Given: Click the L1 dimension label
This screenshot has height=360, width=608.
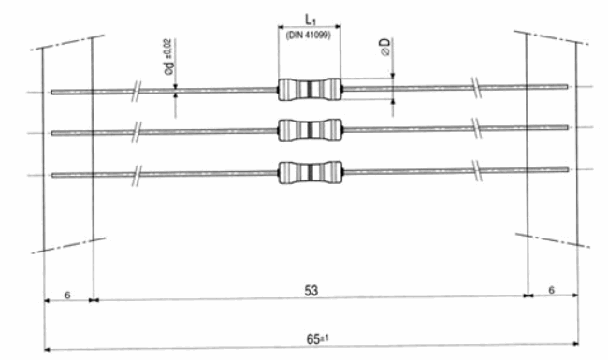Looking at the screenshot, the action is point(311,20).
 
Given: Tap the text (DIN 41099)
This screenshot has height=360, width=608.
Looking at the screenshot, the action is point(309,35).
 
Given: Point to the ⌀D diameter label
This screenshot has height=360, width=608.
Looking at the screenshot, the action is point(385,47).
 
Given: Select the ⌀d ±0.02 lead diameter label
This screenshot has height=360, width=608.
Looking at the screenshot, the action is point(169,57).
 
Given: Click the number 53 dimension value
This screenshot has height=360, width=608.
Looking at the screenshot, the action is point(311,291).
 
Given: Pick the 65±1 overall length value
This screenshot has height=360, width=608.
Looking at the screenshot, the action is point(318,339).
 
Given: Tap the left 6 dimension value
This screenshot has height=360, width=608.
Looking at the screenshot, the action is point(67,295).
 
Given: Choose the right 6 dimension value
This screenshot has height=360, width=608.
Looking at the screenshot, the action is point(551,290).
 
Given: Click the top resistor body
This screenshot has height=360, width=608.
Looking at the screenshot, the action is point(310,90).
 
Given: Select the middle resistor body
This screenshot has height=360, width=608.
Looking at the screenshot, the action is point(311,130).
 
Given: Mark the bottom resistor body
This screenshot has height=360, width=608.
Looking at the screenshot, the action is point(311,172).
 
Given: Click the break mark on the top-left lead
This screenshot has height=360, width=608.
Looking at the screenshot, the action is point(136,92).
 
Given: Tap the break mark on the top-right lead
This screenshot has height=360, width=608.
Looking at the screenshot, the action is point(476,88).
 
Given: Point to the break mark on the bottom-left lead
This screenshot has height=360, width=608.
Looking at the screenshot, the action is point(136,175).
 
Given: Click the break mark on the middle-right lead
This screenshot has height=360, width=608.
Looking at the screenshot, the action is point(476,128).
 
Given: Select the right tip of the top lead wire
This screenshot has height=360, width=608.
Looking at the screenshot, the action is point(568,87).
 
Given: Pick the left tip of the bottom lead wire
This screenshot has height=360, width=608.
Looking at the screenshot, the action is point(52,176).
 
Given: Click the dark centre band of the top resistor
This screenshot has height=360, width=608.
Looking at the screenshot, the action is point(310,90).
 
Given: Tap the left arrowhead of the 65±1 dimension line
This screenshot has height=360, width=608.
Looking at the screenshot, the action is point(48,350).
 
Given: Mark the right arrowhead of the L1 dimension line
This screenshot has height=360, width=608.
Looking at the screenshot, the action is point(338,26).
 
